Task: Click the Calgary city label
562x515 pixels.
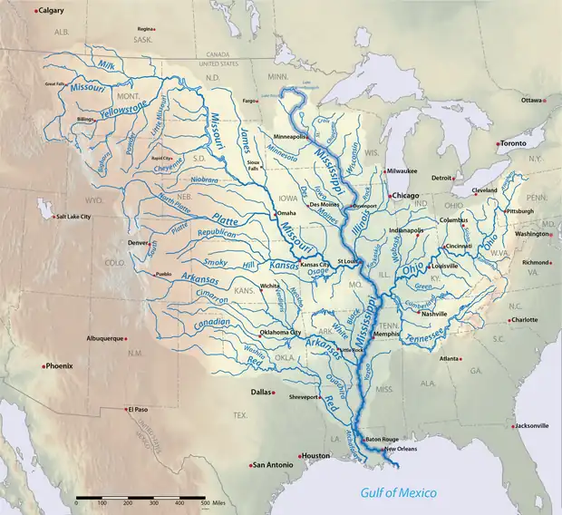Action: click(x=55, y=11)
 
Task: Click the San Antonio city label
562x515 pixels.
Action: click(x=273, y=465)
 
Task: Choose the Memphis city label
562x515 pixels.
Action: click(x=386, y=334)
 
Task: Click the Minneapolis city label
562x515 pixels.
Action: click(x=289, y=136)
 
